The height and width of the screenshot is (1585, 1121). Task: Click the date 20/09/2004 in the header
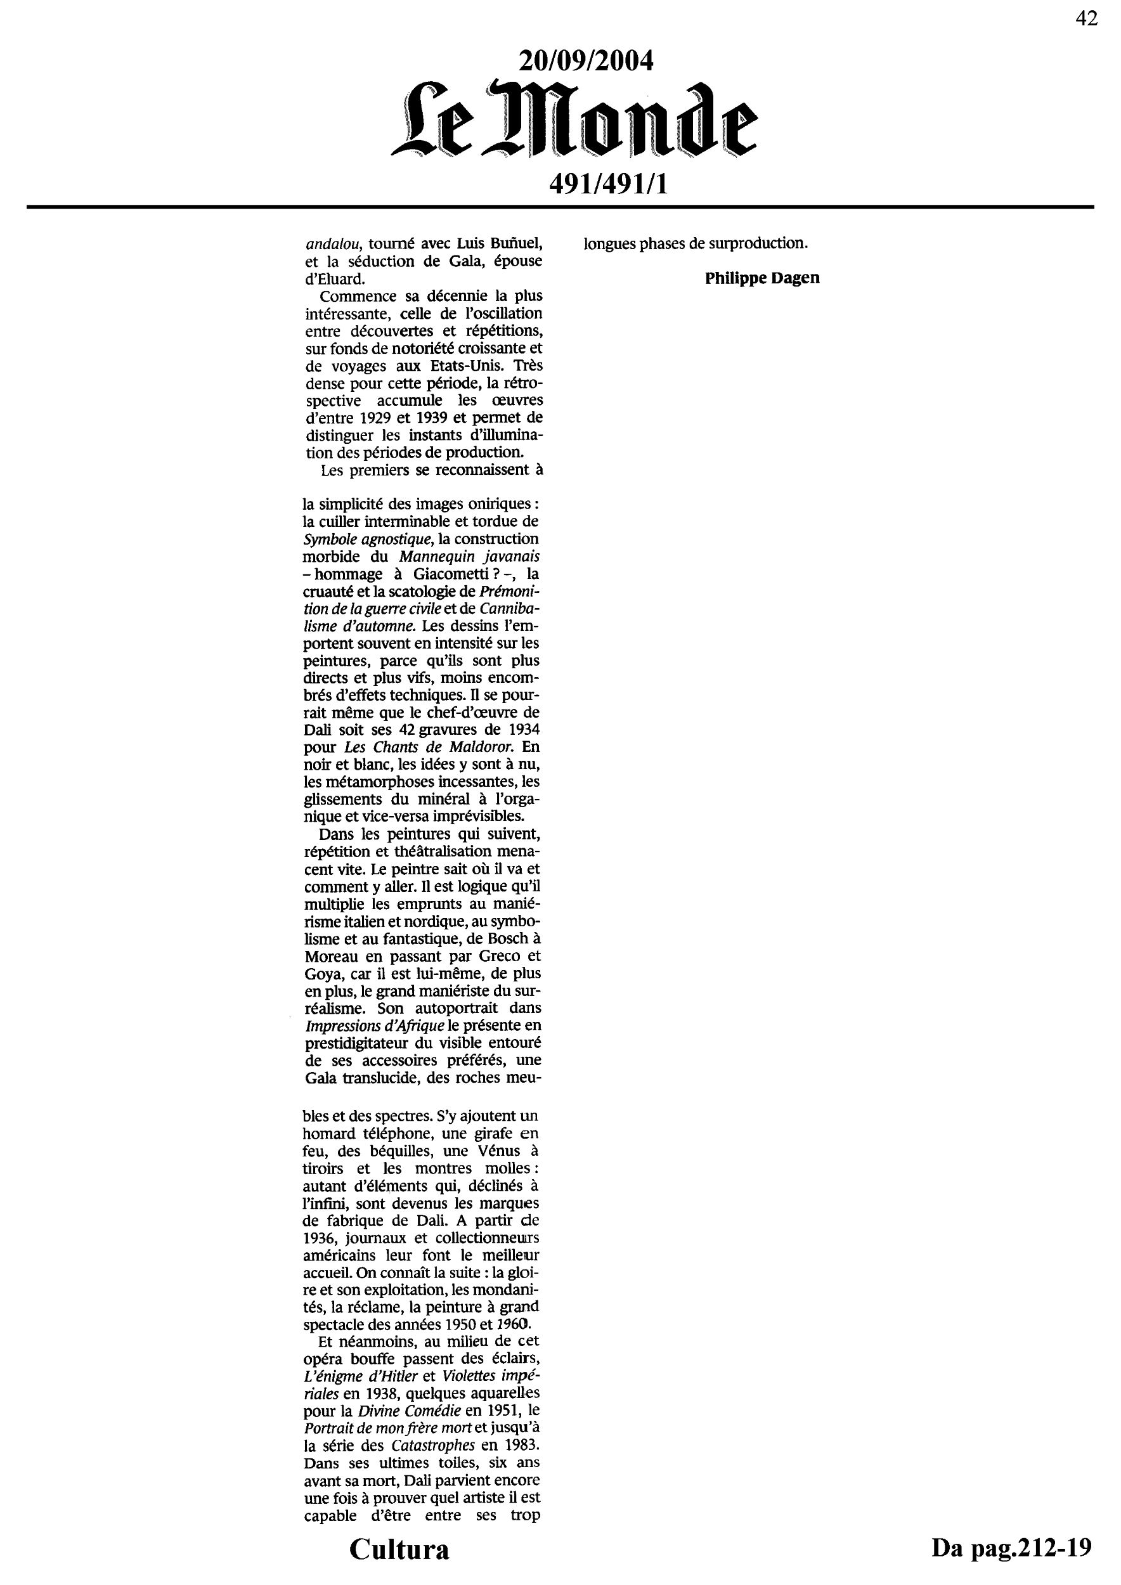585,62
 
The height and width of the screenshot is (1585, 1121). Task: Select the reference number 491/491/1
608,184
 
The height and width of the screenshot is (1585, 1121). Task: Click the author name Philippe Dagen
762,278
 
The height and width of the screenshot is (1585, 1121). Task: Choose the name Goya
321,973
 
